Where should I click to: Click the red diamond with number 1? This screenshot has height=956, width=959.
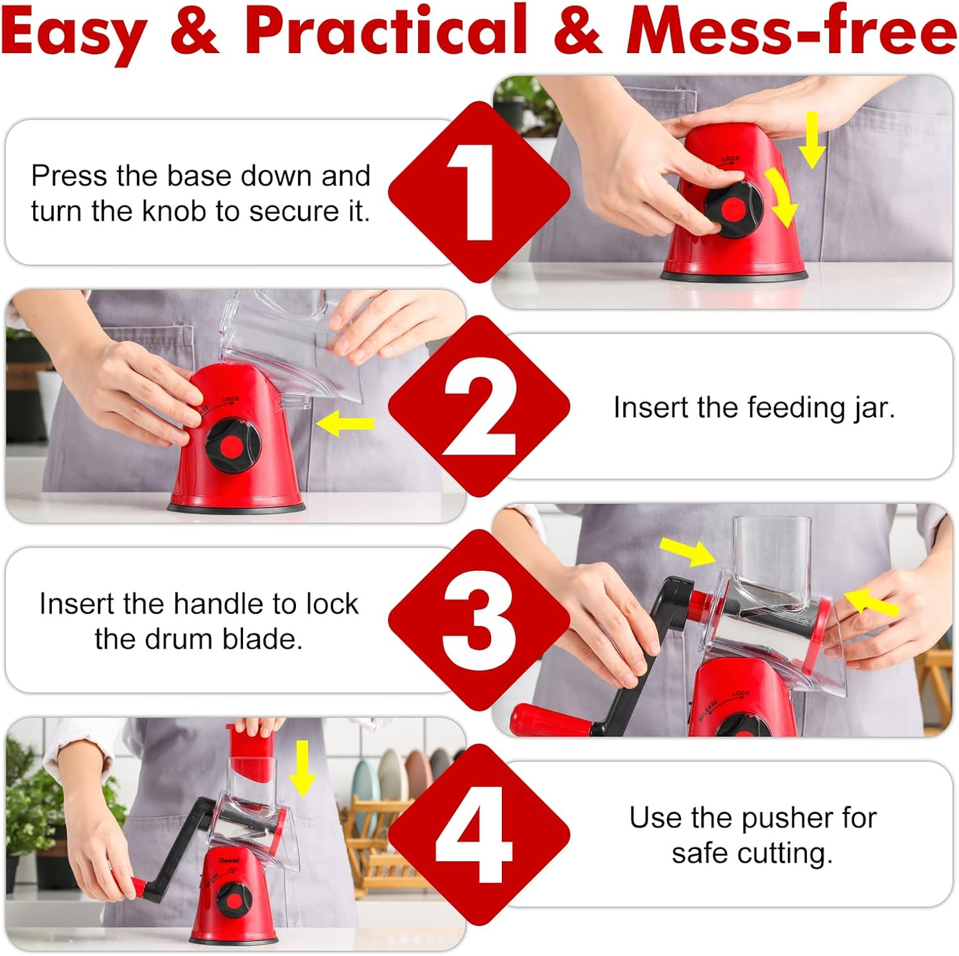[479, 192]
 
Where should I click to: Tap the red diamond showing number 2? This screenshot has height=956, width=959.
[479, 406]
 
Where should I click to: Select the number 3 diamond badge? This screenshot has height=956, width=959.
[479, 619]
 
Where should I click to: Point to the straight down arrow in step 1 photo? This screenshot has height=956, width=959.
[812, 140]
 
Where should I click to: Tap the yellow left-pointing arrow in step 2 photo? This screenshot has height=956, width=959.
[345, 424]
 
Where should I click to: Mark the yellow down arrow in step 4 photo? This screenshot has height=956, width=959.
[303, 767]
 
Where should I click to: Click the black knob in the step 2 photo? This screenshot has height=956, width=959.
[232, 445]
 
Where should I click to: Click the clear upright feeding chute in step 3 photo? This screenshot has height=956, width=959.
[772, 561]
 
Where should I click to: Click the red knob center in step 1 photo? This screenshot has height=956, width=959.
[733, 210]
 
